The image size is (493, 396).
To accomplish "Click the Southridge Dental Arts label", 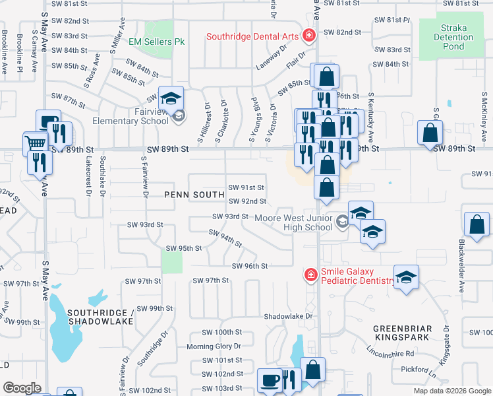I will (x=252, y=36).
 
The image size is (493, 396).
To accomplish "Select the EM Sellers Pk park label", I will (x=156, y=42).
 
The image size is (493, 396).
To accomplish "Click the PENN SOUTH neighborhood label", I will (x=192, y=195).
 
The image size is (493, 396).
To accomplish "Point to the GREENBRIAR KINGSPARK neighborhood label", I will (x=402, y=333).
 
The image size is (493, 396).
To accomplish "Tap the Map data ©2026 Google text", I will (x=451, y=391).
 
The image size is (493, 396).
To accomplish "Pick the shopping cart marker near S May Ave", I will (x=36, y=143).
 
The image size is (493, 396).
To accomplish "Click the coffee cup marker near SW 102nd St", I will (x=270, y=380).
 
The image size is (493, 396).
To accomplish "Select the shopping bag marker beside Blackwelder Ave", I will (x=477, y=225).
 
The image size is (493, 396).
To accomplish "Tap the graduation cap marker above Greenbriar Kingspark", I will (x=406, y=277).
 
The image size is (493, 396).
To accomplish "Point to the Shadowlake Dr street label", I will (x=287, y=317).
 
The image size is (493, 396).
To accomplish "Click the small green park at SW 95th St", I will (x=171, y=261).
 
